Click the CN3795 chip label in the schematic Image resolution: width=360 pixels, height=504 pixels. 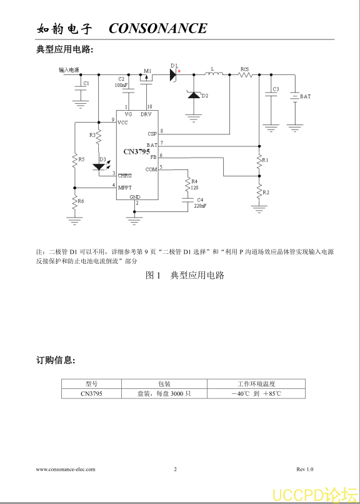[136, 152]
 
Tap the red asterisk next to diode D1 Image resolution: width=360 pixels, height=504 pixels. [179, 71]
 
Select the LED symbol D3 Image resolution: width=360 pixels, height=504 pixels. [99, 167]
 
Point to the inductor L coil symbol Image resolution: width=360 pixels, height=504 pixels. [214, 74]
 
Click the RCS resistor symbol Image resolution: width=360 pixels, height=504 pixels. [246, 75]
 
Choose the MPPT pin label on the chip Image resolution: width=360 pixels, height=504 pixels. [125, 188]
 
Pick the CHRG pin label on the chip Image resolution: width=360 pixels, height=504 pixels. [124, 176]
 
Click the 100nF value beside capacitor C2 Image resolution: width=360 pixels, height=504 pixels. [121, 85]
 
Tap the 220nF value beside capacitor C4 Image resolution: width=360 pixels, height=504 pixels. [200, 206]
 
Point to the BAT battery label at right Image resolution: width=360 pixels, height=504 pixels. [306, 96]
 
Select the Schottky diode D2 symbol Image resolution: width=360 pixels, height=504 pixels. [194, 95]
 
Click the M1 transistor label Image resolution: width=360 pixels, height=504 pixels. [147, 71]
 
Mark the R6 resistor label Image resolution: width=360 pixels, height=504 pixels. [81, 201]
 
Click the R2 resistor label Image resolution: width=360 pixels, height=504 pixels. [266, 193]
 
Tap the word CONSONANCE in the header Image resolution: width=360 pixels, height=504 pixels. [158, 28]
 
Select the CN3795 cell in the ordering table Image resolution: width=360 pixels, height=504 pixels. [91, 394]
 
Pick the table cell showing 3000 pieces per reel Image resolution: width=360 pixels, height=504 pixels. [164, 394]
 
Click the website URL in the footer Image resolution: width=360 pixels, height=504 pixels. [66, 469]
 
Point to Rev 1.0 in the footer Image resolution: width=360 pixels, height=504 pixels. [305, 469]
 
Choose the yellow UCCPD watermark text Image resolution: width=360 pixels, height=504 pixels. [315, 495]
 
